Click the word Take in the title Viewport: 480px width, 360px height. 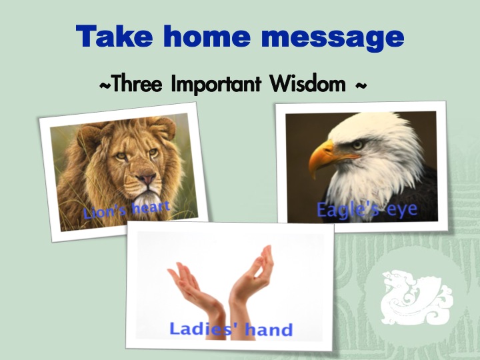(114, 36)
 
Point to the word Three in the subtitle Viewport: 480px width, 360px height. (136, 83)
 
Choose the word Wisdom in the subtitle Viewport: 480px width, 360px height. (307, 83)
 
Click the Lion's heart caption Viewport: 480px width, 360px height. (127, 209)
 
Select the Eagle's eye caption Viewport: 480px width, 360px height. (367, 210)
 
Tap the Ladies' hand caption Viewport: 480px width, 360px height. (231, 329)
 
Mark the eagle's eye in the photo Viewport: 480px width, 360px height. (357, 145)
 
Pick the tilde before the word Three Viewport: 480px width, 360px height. (105, 85)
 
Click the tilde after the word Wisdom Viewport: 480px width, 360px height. (361, 85)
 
